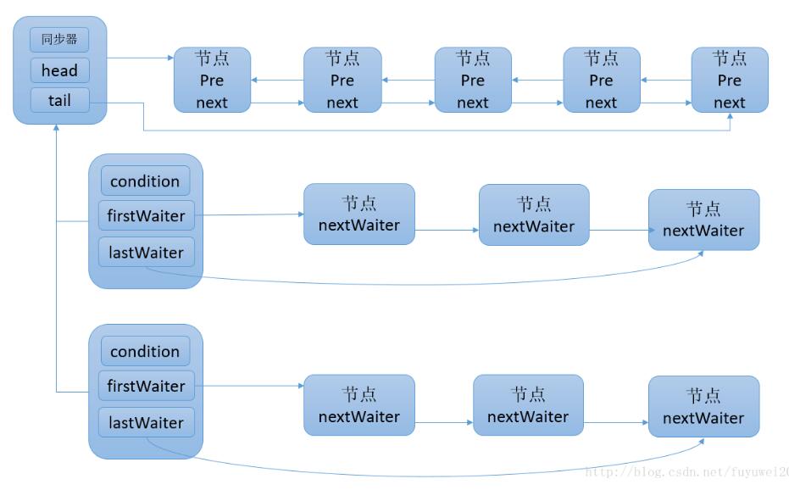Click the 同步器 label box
click(x=59, y=39)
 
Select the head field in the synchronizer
click(x=59, y=70)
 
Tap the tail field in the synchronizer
click(x=59, y=100)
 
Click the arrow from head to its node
click(x=140, y=58)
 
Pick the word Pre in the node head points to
click(x=212, y=81)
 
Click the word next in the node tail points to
click(x=729, y=103)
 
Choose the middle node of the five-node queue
click(x=473, y=80)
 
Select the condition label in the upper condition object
click(x=145, y=181)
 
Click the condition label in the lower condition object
click(x=145, y=351)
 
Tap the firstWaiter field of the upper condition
click(x=146, y=216)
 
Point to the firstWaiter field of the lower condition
click(x=146, y=386)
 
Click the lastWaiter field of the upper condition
click(x=146, y=253)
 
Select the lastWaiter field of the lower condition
click(x=146, y=422)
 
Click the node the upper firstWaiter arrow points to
click(x=359, y=214)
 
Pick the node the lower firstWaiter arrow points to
click(x=359, y=405)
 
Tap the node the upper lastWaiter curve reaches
click(x=703, y=220)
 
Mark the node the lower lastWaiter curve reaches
click(x=703, y=407)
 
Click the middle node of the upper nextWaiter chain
click(x=534, y=215)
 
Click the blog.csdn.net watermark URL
click(x=686, y=471)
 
